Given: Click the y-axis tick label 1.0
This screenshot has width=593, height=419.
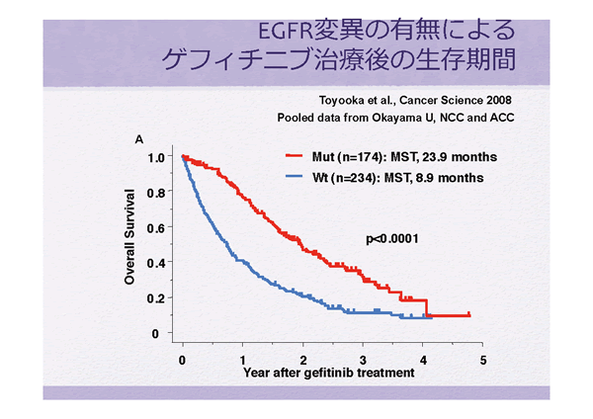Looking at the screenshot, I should coord(154,157).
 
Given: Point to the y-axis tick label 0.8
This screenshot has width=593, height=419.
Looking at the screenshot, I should coord(154,193).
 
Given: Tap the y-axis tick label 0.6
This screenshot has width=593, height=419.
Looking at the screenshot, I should coord(154,228).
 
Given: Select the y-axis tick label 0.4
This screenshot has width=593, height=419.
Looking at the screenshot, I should coord(154,263).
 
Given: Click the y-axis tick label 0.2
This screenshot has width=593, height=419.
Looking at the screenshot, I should coord(154,298).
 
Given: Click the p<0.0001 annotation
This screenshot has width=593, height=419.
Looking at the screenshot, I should coord(394,238).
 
